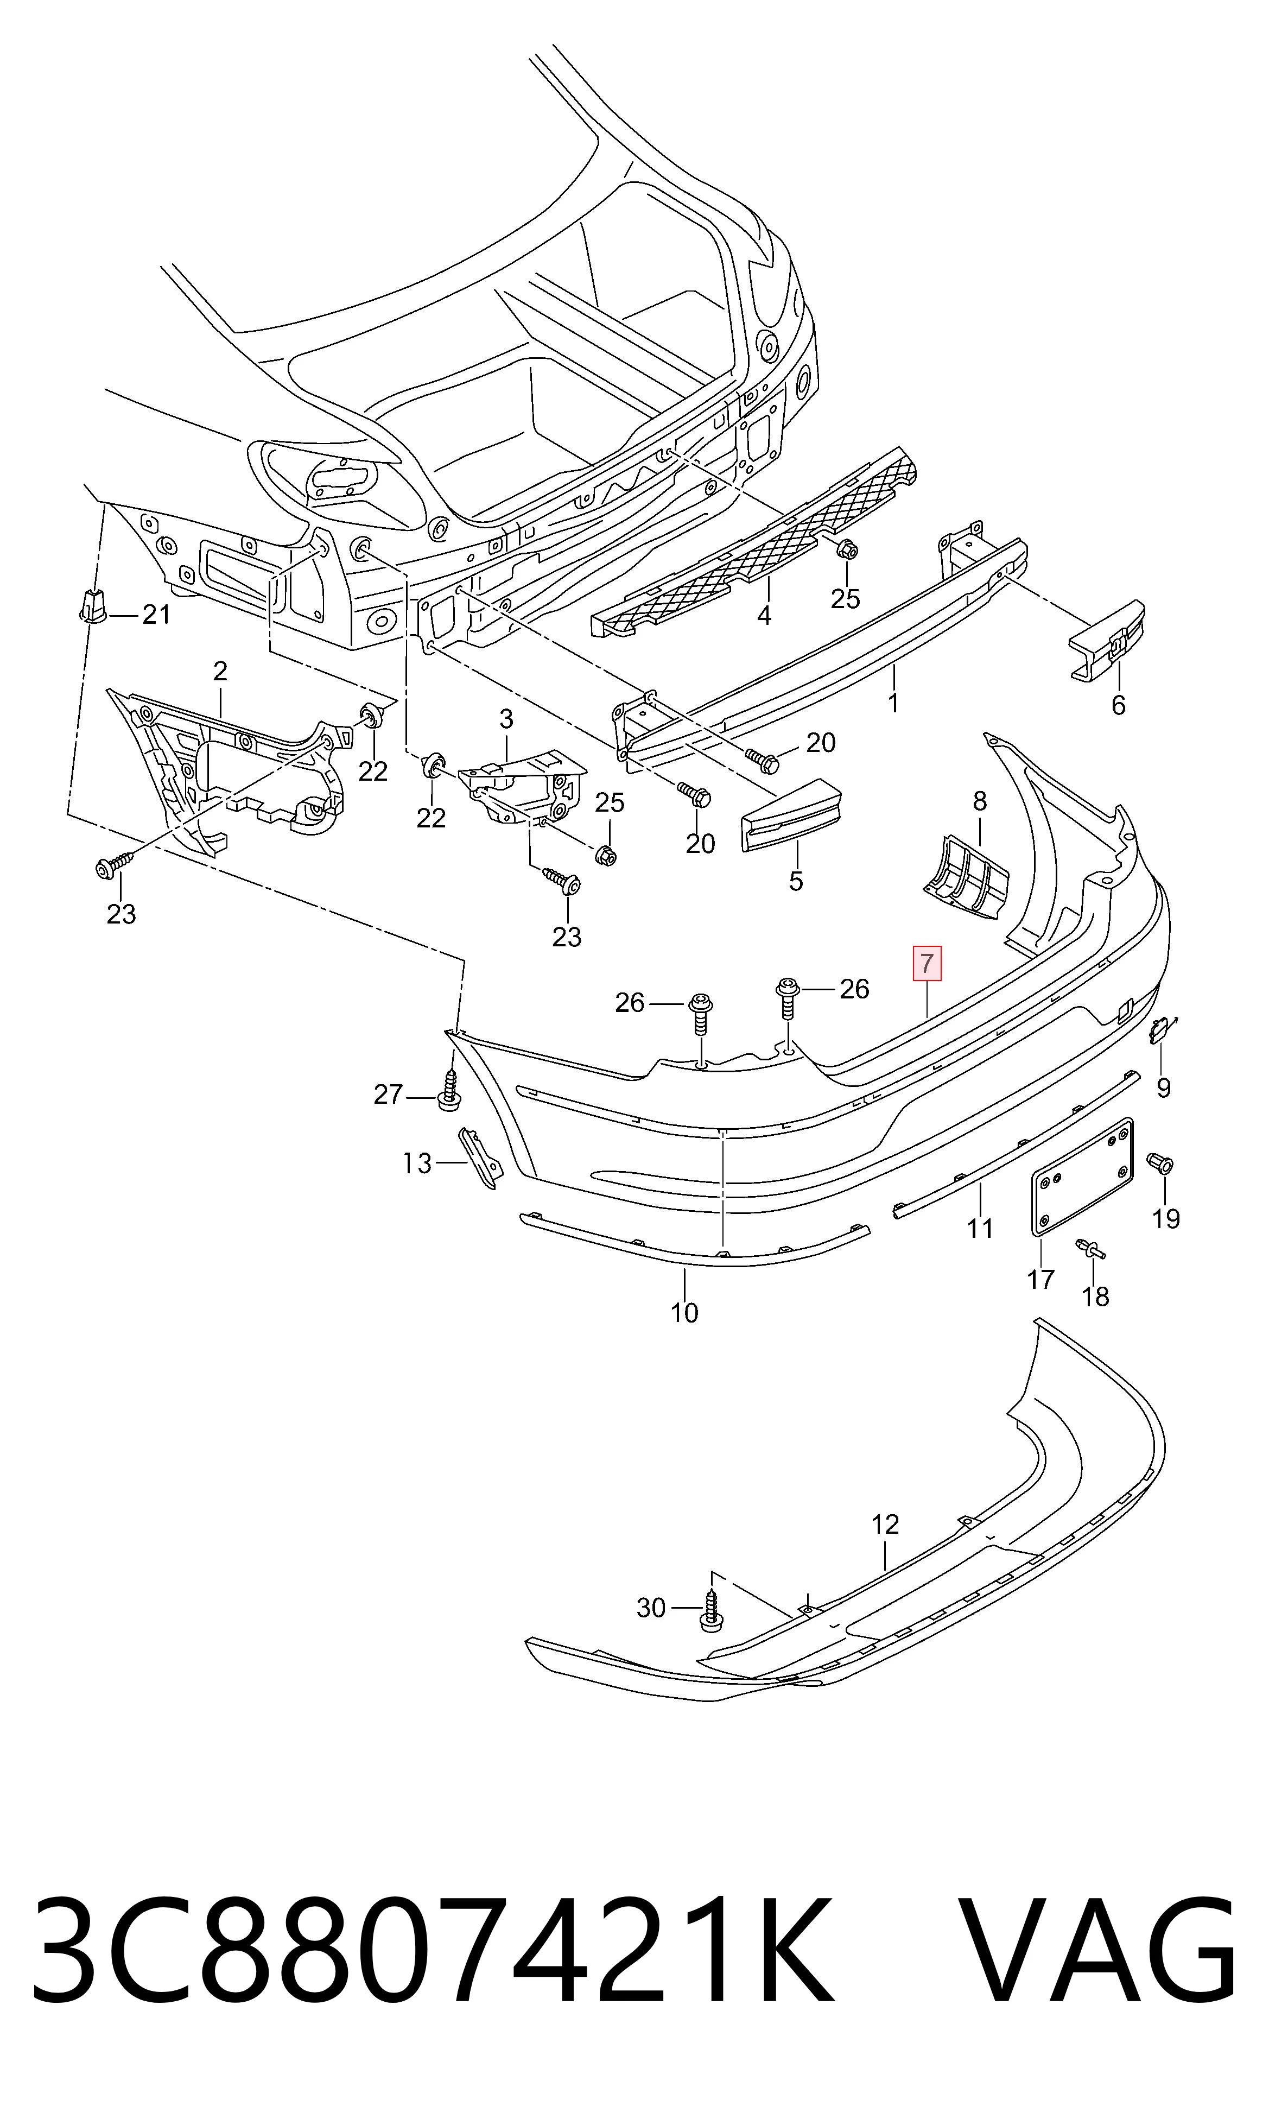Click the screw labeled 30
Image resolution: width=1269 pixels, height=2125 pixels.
pos(710,1609)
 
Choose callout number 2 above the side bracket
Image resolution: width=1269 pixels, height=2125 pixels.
pos(220,671)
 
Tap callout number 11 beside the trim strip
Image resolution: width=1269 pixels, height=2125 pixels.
pos(980,1229)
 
